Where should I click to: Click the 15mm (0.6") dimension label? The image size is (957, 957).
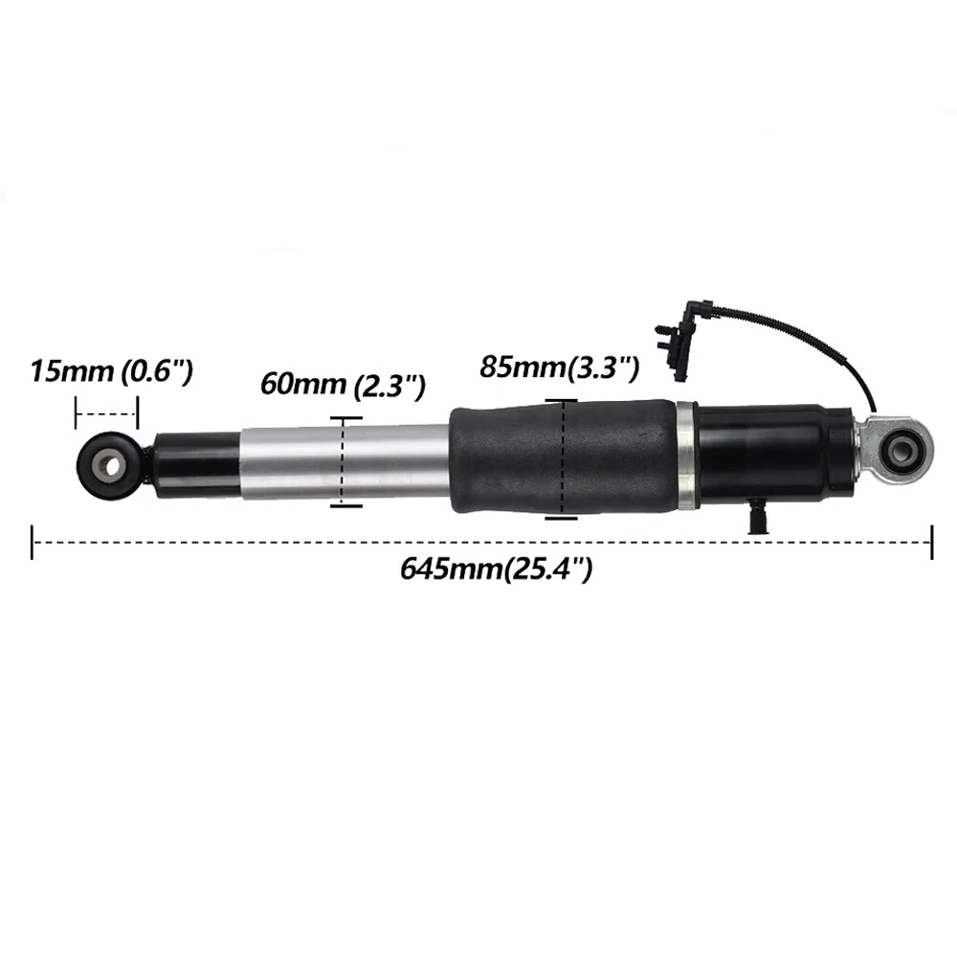pyautogui.click(x=112, y=371)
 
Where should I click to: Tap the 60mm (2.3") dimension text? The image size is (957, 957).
pyautogui.click(x=343, y=385)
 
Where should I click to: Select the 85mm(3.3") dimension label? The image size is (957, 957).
pyautogui.click(x=559, y=368)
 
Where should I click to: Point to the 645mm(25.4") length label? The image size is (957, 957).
pyautogui.click(x=496, y=569)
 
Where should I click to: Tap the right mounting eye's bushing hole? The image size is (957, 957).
pyautogui.click(x=901, y=451)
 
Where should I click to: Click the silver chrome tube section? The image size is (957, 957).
pyautogui.click(x=346, y=462)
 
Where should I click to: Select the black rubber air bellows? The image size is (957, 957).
pyautogui.click(x=563, y=458)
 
